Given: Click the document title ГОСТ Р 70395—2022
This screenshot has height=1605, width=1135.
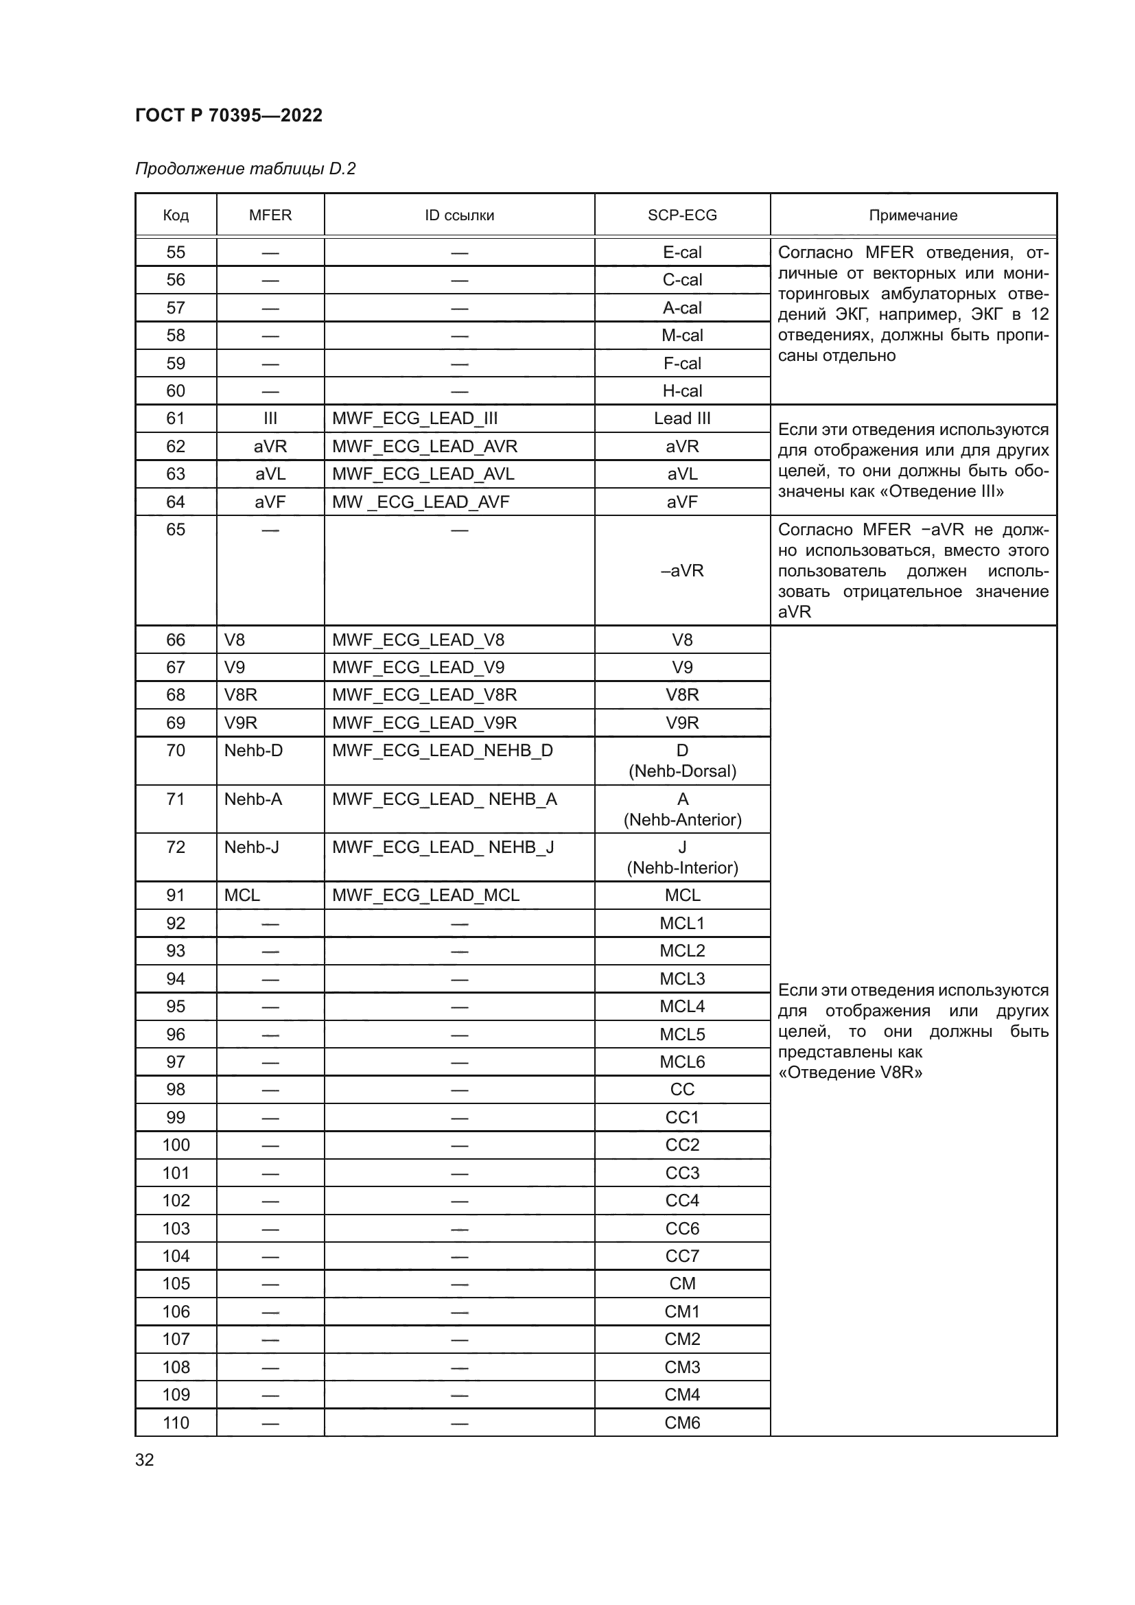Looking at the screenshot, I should coord(229,115).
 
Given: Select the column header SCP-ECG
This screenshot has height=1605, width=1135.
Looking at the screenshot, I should coord(681,215).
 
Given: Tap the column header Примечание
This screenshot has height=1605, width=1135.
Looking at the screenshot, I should coord(912,215).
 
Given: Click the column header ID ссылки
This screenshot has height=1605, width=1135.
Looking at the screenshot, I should coord(459,215).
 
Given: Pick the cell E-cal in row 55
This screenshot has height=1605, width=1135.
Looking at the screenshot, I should coord(681,253).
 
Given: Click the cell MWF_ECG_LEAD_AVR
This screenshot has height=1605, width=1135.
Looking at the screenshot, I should coord(424,446).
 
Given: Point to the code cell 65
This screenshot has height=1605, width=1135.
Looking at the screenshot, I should coord(176,530).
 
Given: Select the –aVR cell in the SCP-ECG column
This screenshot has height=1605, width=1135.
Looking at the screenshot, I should coord(681,571).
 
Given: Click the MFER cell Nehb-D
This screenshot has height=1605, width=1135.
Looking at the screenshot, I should coord(253,751).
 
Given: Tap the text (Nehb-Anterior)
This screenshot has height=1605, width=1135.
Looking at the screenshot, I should coord(682,820).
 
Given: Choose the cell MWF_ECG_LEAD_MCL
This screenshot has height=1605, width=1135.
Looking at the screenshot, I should coord(425,895).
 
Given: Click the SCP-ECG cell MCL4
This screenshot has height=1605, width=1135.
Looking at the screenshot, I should coord(681,1007).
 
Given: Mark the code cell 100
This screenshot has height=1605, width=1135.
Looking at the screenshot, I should coord(176,1145).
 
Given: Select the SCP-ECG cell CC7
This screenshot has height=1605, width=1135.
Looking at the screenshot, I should coord(681,1256).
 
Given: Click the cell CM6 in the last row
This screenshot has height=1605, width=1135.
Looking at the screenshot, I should coord(681,1422).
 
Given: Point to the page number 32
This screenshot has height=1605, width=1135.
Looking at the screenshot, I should coord(145,1460).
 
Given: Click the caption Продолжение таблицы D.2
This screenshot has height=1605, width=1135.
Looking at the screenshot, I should coord(245,169).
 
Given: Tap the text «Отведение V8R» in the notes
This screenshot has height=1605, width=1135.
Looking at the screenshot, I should coord(850,1073).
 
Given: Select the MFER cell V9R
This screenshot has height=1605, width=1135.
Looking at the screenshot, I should coord(240,723).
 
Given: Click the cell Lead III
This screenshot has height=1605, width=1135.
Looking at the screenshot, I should coord(681,419).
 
